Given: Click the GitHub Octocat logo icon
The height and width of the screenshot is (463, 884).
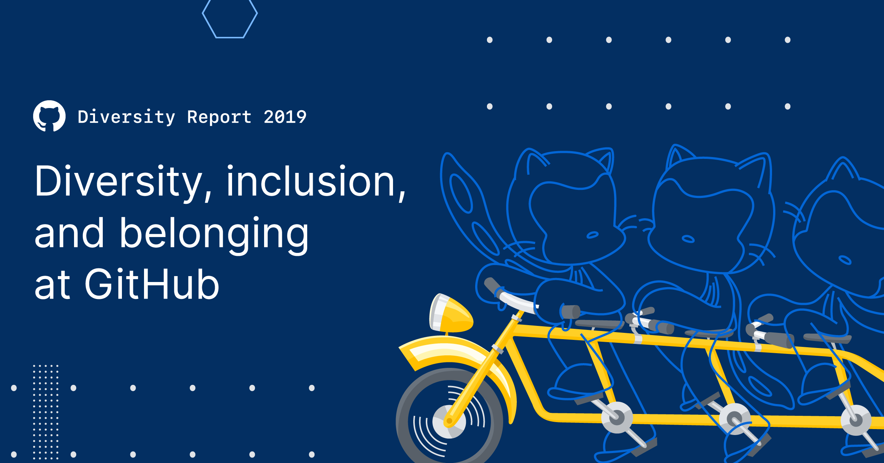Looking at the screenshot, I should pos(49,116).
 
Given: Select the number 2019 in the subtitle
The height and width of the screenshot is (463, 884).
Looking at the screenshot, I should pos(285,117).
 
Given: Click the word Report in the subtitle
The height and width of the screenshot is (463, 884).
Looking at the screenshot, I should pos(219,117).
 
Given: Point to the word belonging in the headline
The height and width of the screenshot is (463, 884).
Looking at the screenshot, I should pos(214,234).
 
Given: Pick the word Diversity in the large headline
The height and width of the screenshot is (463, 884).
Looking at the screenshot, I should pos(118,182).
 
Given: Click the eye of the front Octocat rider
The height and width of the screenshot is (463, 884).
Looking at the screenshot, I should pos(592,235).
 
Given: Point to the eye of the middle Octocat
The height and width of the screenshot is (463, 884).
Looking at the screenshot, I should pos(688,239).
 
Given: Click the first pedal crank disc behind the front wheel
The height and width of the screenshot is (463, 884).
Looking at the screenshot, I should pos(617,417).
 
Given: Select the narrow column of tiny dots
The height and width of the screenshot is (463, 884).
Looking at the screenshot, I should pos(46,411).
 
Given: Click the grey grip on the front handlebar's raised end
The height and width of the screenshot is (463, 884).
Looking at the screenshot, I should pos(492,285).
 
